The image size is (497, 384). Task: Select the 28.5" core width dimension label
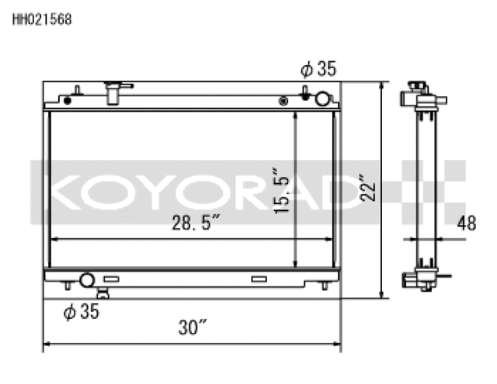tap(194, 224)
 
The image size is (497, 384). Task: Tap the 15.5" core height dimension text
tap(281, 191)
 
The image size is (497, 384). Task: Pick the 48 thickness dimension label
tap(466, 224)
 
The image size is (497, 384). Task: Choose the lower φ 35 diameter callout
tap(82, 312)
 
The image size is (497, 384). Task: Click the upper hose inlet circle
tap(322, 99)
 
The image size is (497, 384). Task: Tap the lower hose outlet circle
tap(87, 279)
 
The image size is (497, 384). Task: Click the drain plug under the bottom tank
tap(102, 292)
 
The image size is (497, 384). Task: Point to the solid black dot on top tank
tap(68, 100)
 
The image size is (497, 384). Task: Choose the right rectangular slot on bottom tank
tap(258, 278)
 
